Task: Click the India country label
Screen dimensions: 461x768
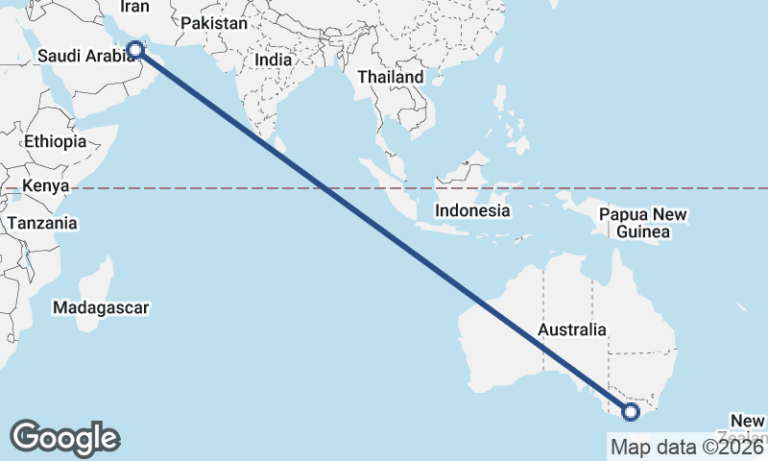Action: pos(274,60)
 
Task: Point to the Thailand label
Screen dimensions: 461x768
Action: pos(390,77)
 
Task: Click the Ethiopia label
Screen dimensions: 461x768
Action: pos(55,141)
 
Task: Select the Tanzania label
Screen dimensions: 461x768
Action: pos(41,223)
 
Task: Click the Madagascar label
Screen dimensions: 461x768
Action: pos(101,308)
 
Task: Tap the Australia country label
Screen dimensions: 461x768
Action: pos(571,330)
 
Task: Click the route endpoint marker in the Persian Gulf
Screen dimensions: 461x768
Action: pos(135,49)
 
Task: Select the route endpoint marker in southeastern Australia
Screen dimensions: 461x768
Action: pos(631,412)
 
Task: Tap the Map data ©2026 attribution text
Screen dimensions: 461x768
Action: pos(687,447)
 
